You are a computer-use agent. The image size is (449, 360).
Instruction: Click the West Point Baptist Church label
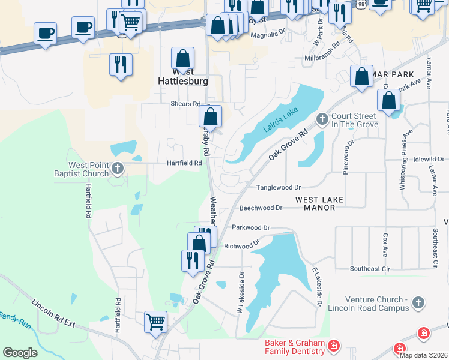[x=89, y=169]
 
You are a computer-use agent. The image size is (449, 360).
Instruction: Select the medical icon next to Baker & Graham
[x=333, y=346]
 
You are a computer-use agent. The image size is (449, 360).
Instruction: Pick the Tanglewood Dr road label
[x=278, y=188]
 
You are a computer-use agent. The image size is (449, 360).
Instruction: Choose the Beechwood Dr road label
[x=261, y=208]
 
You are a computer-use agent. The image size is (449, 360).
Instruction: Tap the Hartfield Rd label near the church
[x=184, y=163]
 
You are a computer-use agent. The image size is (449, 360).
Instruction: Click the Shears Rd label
[x=184, y=103]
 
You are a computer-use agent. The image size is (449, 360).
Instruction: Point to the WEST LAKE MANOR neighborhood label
[x=319, y=203]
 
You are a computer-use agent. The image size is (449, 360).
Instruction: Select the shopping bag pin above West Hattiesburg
[x=182, y=59]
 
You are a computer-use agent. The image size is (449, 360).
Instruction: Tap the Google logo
[x=20, y=352]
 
